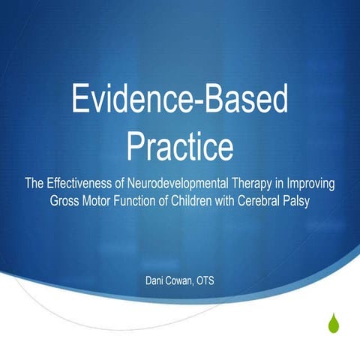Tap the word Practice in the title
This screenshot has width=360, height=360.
click(179, 146)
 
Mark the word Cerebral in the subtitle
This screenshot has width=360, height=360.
click(270, 201)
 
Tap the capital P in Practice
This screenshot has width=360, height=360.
click(138, 145)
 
